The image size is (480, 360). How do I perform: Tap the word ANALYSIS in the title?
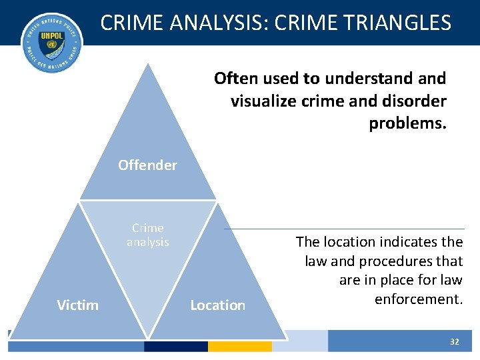coord(220,23)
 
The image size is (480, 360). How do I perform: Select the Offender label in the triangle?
coord(147,165)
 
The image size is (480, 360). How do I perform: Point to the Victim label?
coord(77,305)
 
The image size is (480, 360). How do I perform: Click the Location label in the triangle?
coord(217,305)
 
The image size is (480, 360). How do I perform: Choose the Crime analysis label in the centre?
coord(147,235)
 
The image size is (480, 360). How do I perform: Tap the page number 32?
coord(455,341)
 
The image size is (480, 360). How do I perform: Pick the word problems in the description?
coord(407,123)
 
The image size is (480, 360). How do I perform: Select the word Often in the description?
coord(235,79)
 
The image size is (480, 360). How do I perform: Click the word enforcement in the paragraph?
coord(418,299)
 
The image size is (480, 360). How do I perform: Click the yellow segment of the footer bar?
coord(239,346)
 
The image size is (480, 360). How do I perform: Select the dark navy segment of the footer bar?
coord(175,346)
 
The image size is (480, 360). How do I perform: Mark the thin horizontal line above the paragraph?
coord(347,229)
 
